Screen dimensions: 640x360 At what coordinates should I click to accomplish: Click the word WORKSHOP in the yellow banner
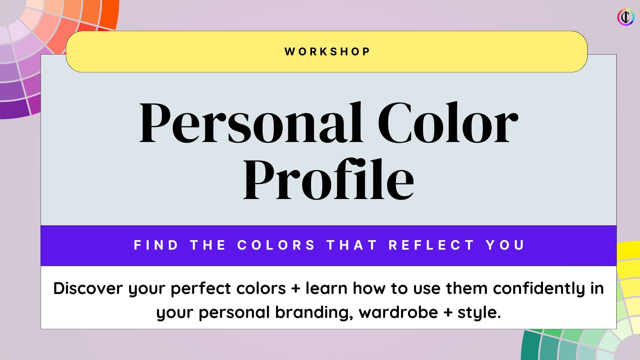tap(327, 52)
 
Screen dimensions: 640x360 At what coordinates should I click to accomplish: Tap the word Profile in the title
tap(328, 179)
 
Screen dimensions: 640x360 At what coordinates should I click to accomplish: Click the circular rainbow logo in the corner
tap(626, 17)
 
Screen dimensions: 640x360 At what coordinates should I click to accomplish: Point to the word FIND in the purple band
tap(156, 245)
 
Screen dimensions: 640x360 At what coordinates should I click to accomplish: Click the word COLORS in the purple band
tap(276, 245)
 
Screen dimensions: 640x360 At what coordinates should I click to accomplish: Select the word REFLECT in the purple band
tap(431, 245)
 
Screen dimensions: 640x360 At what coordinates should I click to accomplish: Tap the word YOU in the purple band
tap(505, 245)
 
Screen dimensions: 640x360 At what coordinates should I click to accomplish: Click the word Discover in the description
tap(88, 288)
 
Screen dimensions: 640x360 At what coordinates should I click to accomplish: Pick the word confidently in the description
tap(539, 289)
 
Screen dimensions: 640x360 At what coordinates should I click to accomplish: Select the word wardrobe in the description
tap(398, 312)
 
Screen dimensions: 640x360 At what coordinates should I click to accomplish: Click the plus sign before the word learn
tap(296, 289)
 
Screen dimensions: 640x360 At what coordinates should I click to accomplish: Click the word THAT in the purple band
tap(352, 245)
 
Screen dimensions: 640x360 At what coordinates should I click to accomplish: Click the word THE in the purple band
tap(208, 245)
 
